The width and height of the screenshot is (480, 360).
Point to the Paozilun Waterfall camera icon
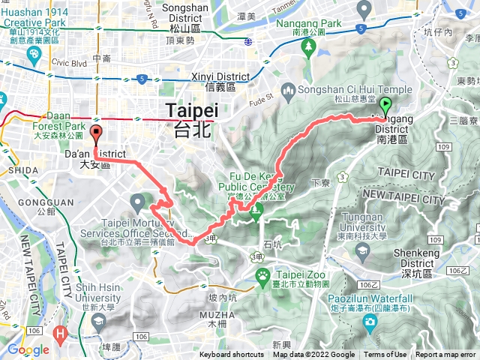tap(369, 322)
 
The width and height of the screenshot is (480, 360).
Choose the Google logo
tap(28, 349)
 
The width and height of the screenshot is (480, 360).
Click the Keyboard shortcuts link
tap(232, 355)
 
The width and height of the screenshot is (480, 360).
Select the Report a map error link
tap(446, 355)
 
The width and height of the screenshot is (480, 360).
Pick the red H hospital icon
tap(61, 331)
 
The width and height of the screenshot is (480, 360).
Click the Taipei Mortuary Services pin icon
tap(138, 201)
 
